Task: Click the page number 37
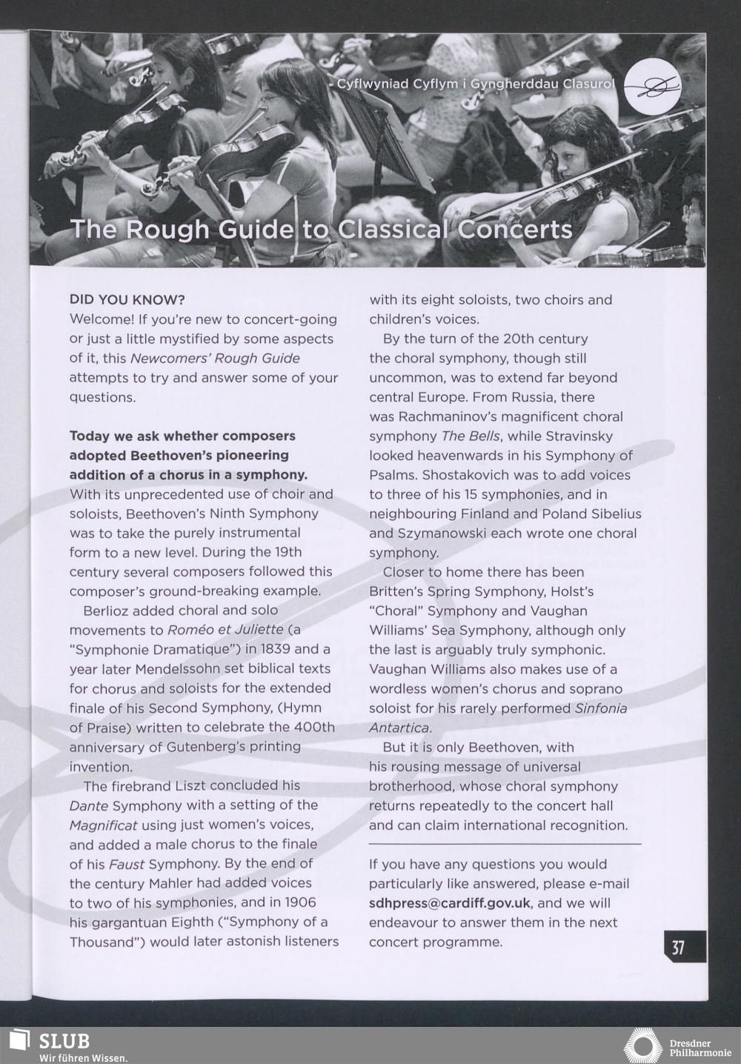pyautogui.click(x=678, y=948)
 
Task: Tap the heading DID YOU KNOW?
pyautogui.click(x=127, y=300)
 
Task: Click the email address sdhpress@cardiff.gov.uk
pyautogui.click(x=450, y=903)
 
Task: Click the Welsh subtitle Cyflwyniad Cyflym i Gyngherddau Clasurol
pyautogui.click(x=475, y=84)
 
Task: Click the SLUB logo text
pyautogui.click(x=64, y=1040)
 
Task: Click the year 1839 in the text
pyautogui.click(x=270, y=649)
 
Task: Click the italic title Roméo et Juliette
pyautogui.click(x=225, y=630)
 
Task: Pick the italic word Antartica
pyautogui.click(x=399, y=728)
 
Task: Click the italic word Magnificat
pyautogui.click(x=103, y=825)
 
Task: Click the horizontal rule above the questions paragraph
pyautogui.click(x=505, y=844)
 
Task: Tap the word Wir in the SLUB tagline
pyautogui.click(x=49, y=1057)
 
